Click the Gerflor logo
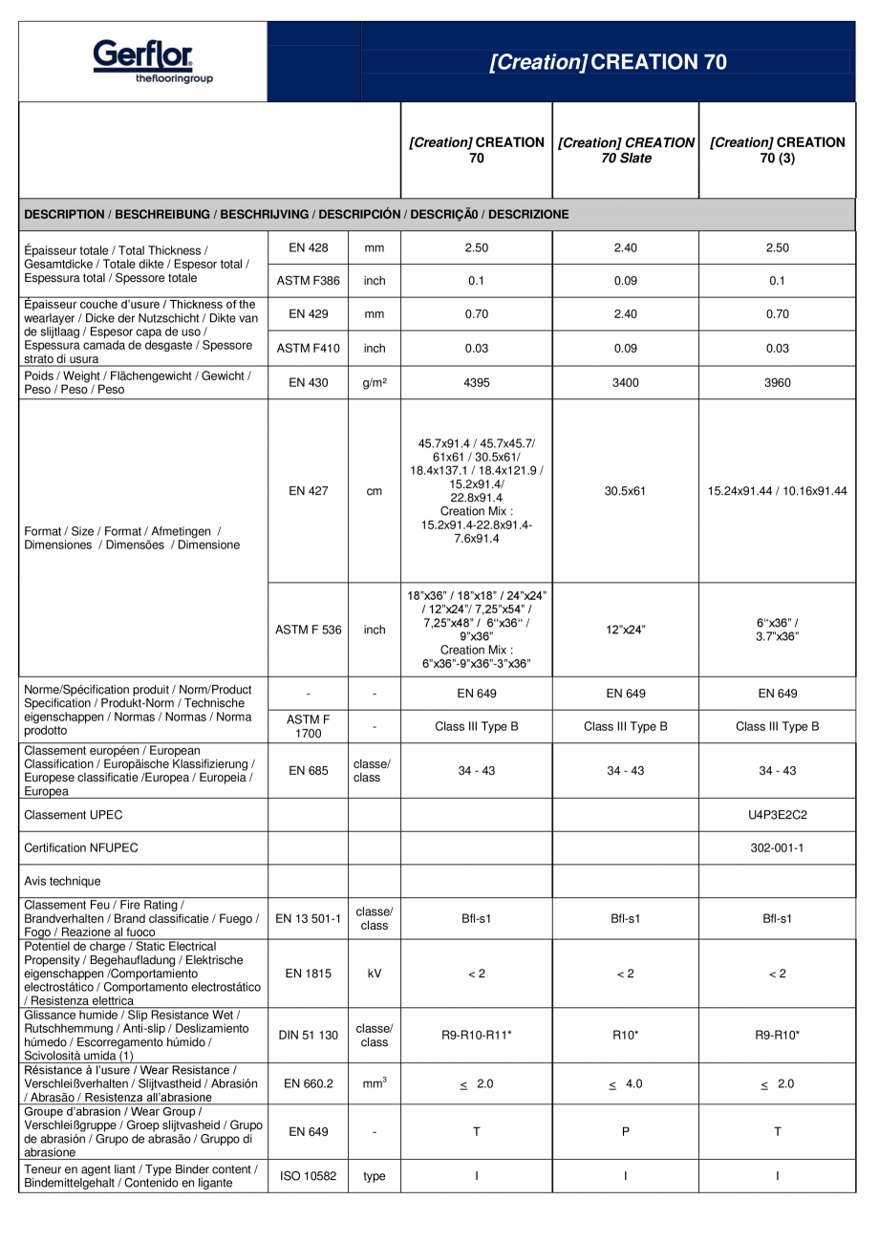tap(143, 61)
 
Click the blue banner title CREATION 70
tap(608, 62)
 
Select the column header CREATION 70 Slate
tap(626, 150)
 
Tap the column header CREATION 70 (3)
tap(777, 150)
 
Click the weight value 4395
tap(476, 383)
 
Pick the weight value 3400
tap(625, 383)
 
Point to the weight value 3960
tap(778, 383)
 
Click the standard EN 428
tap(308, 248)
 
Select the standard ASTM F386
tap(308, 281)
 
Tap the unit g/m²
tap(375, 383)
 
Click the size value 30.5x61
tap(625, 491)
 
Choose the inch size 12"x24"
tap(625, 630)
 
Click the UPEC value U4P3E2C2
tap(778, 815)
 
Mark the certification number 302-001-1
tap(778, 847)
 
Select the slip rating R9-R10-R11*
tap(476, 1035)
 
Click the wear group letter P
tap(625, 1132)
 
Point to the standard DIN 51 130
tap(308, 1035)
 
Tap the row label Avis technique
tap(62, 881)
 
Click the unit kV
tap(375, 974)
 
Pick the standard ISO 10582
tap(308, 1176)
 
